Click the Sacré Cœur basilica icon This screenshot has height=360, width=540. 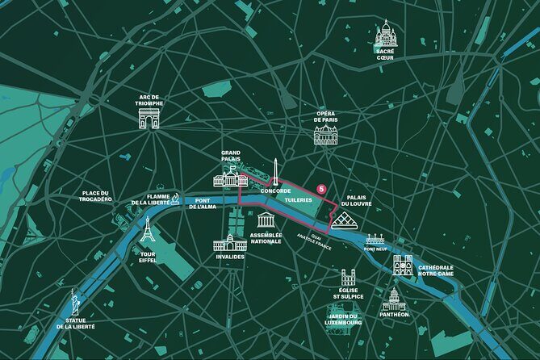pos(386,34)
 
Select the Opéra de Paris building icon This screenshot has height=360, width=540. pos(326,135)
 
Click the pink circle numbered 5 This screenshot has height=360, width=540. pos(321,189)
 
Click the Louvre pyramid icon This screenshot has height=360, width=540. pos(344,221)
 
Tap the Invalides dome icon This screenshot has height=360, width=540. pos(229,241)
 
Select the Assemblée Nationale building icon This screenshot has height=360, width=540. pos(266,220)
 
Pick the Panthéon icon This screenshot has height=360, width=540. pos(393,299)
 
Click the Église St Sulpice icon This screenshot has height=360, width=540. pos(348,278)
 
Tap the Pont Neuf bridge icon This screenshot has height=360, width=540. pos(375,240)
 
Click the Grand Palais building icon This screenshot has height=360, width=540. pos(230,178)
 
